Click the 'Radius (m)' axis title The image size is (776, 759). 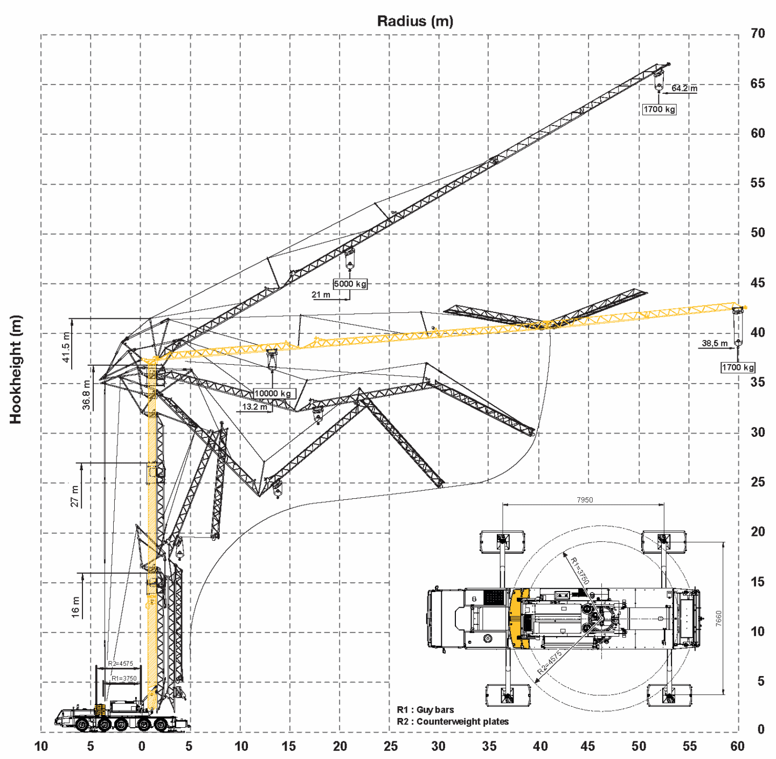pos(415,21)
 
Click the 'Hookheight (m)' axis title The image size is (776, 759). pos(16,370)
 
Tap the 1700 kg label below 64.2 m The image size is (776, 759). pos(659,109)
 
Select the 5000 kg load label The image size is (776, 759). pos(350,284)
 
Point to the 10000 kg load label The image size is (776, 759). pos(273,393)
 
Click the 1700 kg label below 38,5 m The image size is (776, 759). pos(738,367)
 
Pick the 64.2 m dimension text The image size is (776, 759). pos(684,88)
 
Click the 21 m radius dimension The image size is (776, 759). pos(321,295)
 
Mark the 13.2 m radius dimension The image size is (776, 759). pos(254,407)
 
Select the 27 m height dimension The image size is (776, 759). pos(74,496)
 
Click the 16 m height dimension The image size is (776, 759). pos(75,607)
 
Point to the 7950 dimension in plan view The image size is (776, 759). pos(585,500)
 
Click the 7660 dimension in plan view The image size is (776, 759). pos(718,618)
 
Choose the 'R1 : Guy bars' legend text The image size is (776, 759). pos(425,709)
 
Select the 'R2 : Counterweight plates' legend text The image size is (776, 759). pos(453,721)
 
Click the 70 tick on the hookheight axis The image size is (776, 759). pos(758,33)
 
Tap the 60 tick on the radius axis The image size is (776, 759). pos(737,746)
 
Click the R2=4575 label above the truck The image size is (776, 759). pos(120,664)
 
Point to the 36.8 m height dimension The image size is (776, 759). pos(86,395)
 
